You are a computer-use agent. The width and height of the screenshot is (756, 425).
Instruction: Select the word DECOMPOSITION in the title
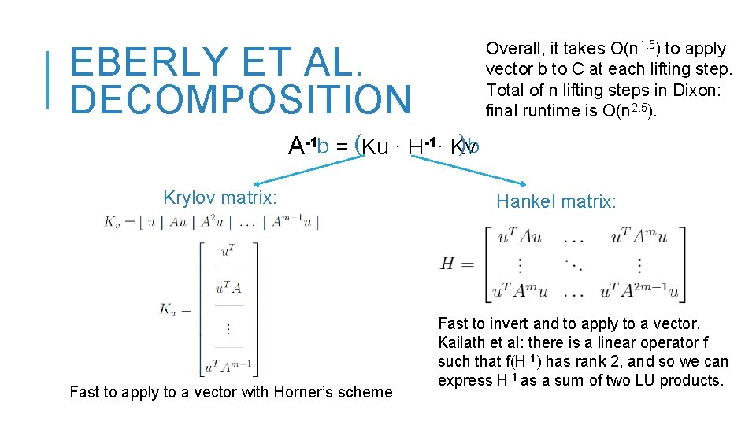(241, 100)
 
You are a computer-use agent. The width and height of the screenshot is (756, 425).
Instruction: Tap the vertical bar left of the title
(49, 79)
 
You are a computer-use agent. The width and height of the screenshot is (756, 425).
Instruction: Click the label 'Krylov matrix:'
(220, 198)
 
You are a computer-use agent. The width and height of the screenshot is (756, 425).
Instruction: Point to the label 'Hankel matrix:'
(556, 202)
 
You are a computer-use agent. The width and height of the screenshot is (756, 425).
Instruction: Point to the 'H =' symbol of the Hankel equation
(457, 264)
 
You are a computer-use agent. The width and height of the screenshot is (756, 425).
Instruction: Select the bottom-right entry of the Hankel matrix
(639, 291)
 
